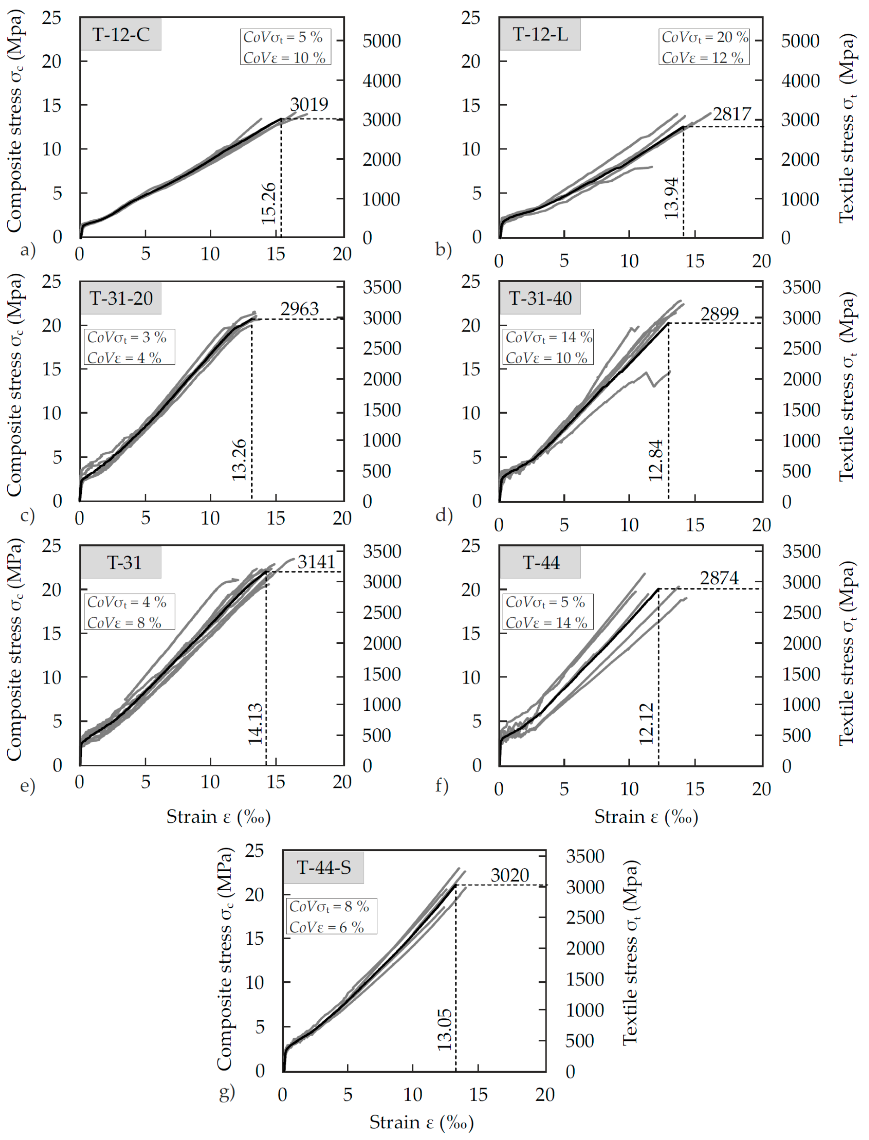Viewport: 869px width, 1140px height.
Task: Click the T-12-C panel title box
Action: click(x=120, y=35)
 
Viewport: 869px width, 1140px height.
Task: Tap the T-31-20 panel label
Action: click(x=120, y=298)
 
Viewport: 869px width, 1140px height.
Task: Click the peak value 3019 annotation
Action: click(x=309, y=104)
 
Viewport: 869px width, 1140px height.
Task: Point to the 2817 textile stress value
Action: click(x=731, y=114)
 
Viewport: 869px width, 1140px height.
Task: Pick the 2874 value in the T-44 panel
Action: click(x=719, y=578)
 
